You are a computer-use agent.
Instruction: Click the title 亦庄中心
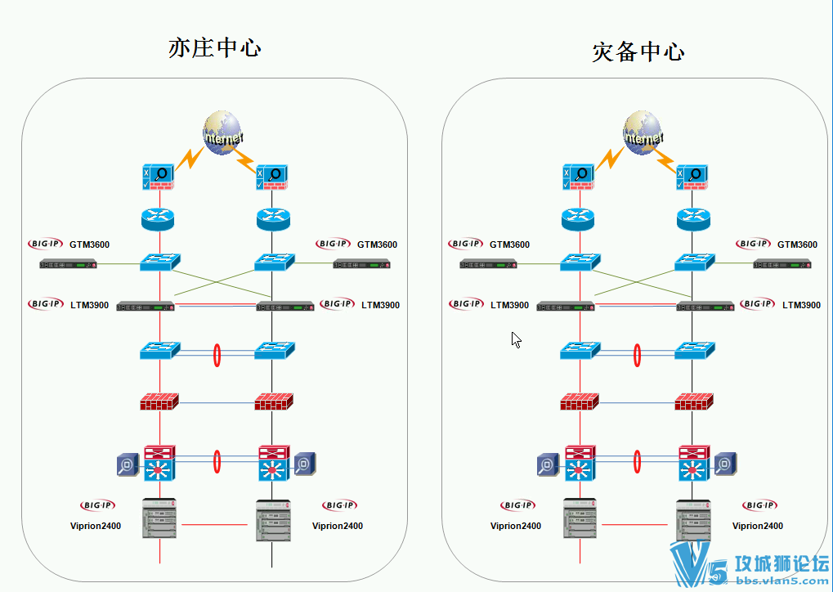coord(214,47)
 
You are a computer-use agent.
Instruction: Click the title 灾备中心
coord(638,52)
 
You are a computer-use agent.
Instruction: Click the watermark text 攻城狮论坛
coord(783,563)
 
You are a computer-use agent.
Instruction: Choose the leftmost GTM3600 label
coord(89,244)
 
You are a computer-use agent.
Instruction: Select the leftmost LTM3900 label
coord(89,305)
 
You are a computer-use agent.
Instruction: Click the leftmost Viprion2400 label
coord(96,526)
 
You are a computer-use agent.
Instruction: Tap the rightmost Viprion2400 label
coord(758,526)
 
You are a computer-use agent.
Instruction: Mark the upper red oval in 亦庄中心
coord(217,354)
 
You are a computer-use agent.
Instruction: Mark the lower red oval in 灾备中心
coord(638,460)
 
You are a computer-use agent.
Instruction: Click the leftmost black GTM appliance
coord(69,264)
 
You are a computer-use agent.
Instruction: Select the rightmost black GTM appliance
coord(782,264)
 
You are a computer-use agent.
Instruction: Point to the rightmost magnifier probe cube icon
coord(725,464)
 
